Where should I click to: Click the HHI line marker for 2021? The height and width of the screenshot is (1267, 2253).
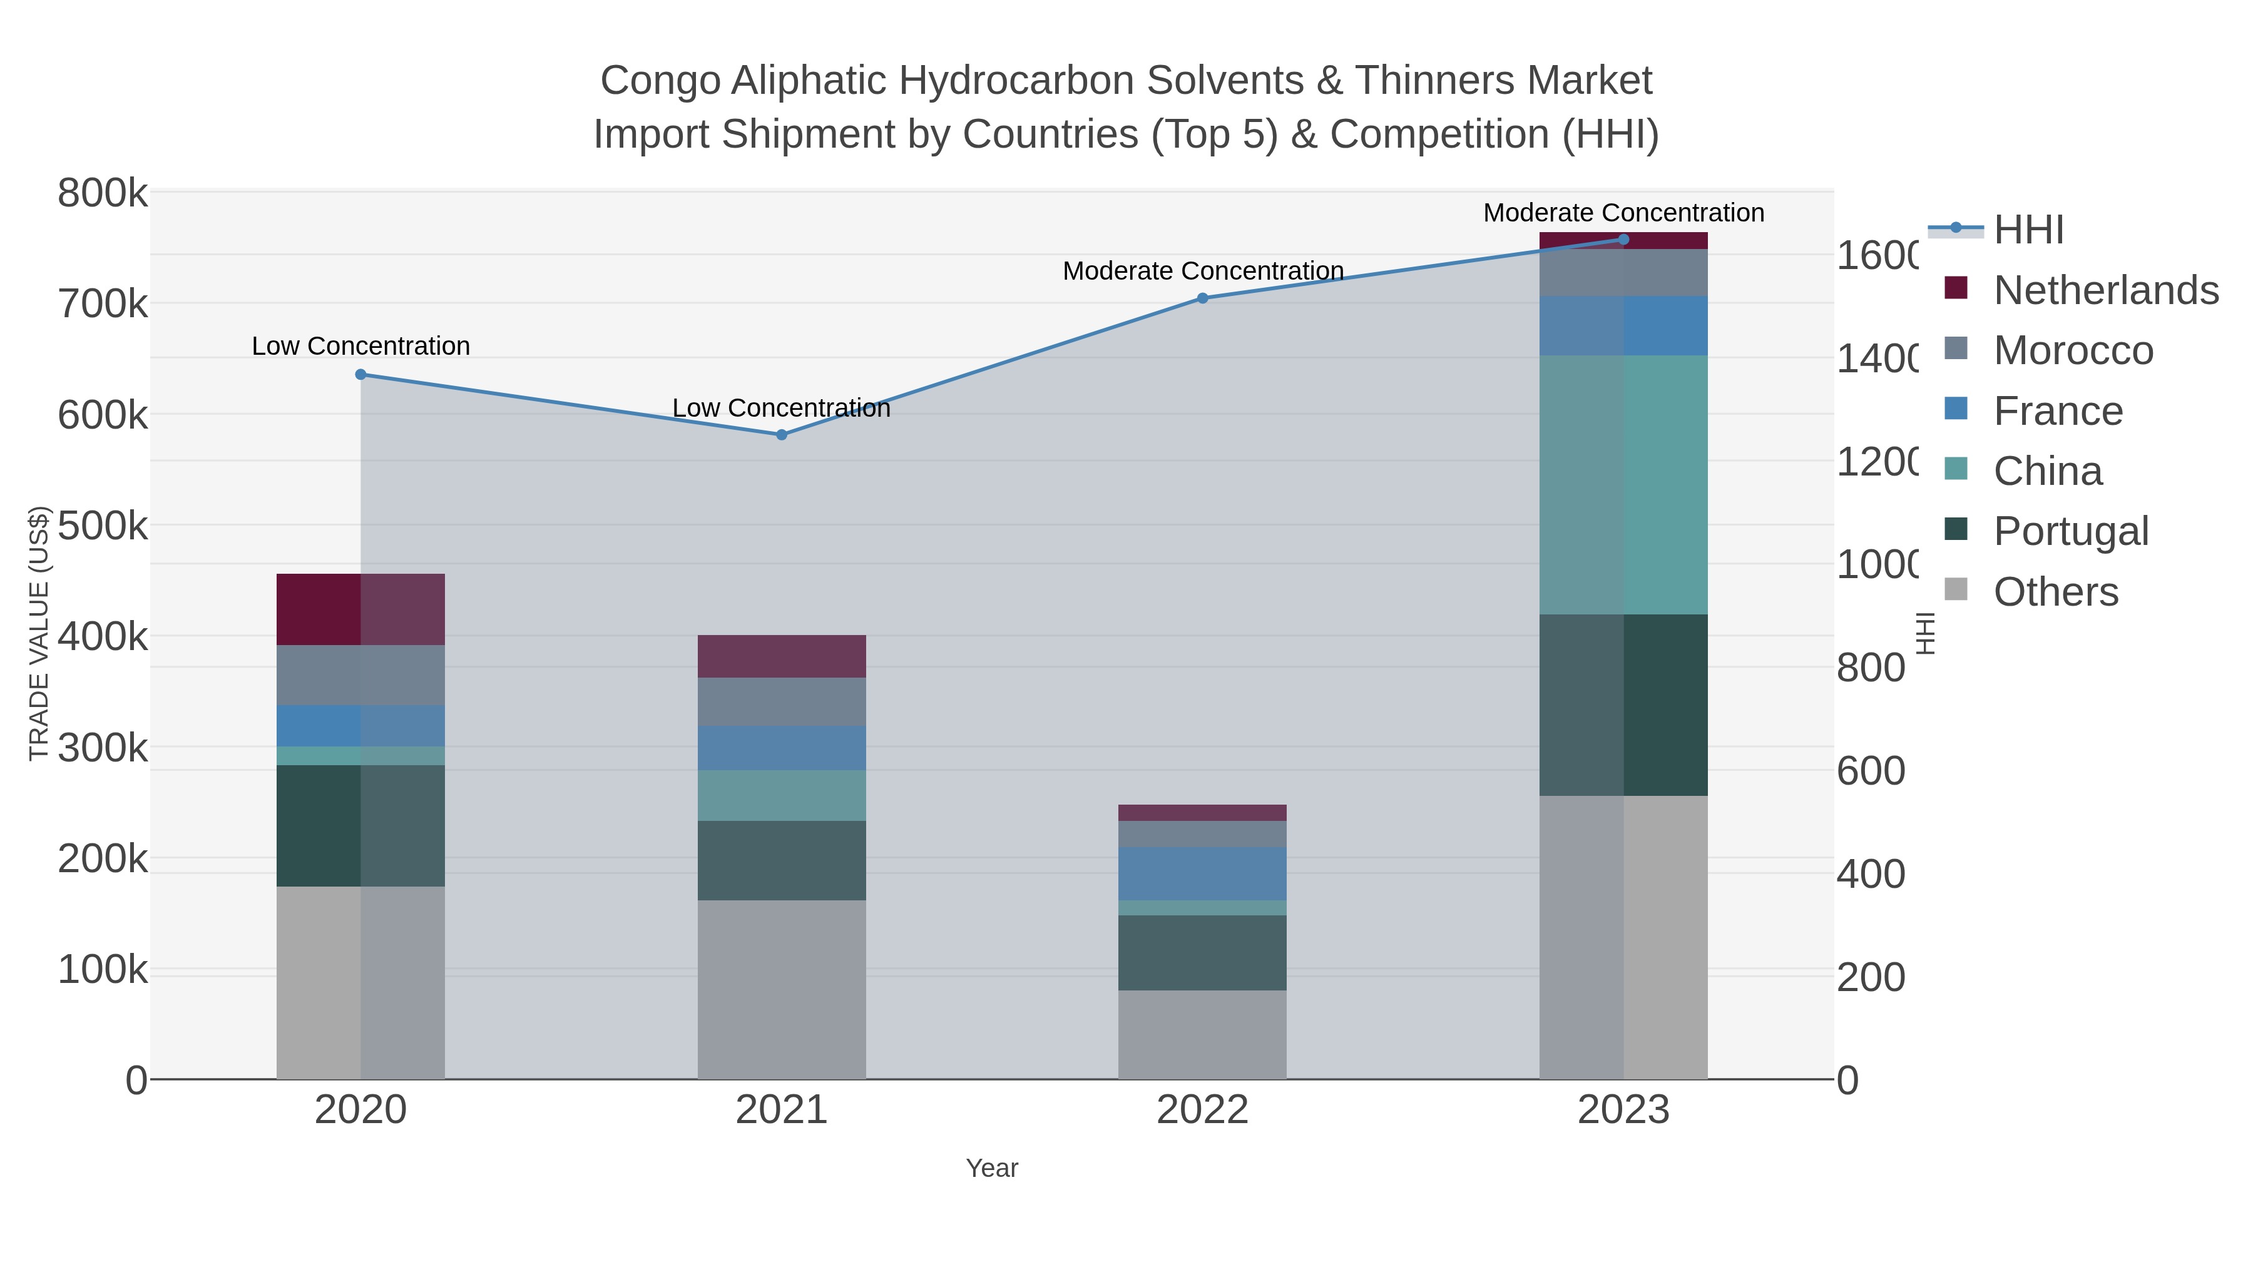pyautogui.click(x=781, y=435)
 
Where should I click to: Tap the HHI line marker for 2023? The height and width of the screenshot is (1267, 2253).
pyautogui.click(x=1623, y=240)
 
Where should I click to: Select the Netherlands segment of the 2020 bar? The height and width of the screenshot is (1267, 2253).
pyautogui.click(x=360, y=609)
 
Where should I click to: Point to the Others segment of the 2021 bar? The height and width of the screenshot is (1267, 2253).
pyautogui.click(x=781, y=989)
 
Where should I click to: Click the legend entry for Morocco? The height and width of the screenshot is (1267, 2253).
pyautogui.click(x=2072, y=350)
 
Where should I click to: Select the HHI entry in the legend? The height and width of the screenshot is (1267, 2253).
pyautogui.click(x=2028, y=230)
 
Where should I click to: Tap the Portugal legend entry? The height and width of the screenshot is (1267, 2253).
pyautogui.click(x=2070, y=532)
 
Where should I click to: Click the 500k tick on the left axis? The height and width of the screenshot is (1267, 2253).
pyautogui.click(x=103, y=526)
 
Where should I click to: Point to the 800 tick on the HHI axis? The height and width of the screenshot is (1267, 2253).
pyautogui.click(x=1870, y=668)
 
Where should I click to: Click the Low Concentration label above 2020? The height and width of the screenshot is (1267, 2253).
pyautogui.click(x=360, y=346)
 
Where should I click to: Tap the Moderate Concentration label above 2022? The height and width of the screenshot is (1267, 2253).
pyautogui.click(x=1203, y=271)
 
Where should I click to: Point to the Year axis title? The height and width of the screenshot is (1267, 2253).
pyautogui.click(x=992, y=1168)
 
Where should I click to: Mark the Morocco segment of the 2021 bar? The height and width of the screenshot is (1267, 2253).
pyautogui.click(x=781, y=701)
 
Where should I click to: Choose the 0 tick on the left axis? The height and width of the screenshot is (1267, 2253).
pyautogui.click(x=136, y=1081)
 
